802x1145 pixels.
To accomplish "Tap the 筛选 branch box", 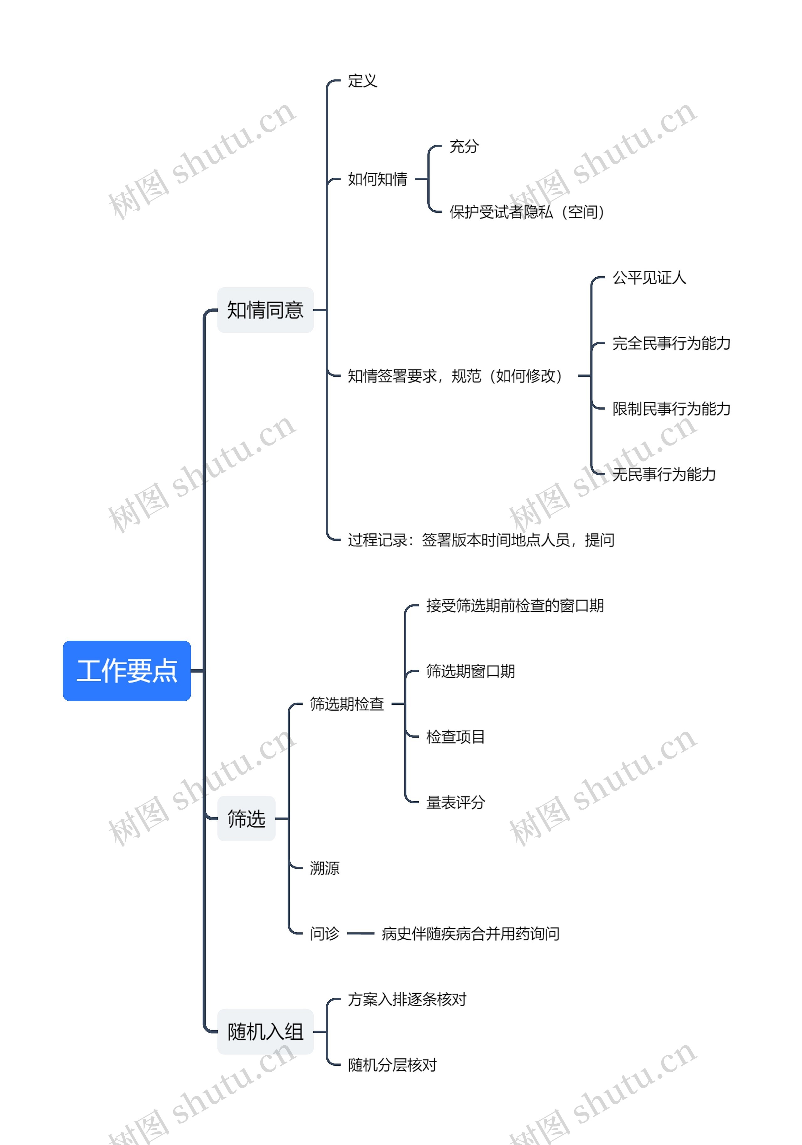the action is coord(246,818).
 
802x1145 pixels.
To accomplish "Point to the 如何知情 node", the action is coord(377,179).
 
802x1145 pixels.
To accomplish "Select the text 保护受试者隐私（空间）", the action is coord(527,212).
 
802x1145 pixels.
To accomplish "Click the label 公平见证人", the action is coord(649,277).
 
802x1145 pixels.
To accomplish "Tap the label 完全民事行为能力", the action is coord(671,343).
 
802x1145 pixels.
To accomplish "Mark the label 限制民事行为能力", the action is coord(671,409).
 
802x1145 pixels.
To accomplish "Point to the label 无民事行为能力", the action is coord(664,474).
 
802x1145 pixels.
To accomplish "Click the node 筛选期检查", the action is coord(347,704).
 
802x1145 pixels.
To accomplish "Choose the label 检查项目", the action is coord(456,737).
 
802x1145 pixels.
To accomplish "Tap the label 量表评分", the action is coord(456,803).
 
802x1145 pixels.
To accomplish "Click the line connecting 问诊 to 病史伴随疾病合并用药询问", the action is coord(360,933).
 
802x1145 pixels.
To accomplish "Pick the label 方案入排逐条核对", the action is coord(407,999).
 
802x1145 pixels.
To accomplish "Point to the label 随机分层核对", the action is coord(392,1065).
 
